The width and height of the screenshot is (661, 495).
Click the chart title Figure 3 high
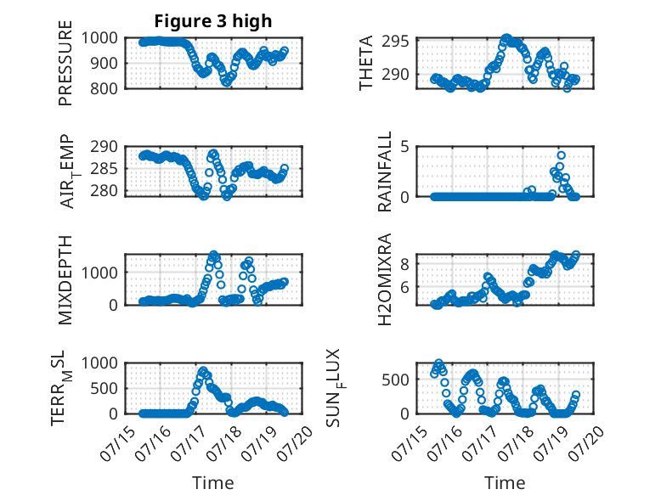[x=213, y=21]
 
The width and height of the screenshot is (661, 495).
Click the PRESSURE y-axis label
[x=65, y=63]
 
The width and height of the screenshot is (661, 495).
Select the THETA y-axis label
[x=366, y=63]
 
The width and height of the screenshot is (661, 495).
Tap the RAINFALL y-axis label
[x=385, y=172]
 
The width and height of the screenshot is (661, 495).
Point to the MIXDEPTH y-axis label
[x=65, y=280]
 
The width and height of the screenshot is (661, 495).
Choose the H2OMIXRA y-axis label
[x=385, y=279]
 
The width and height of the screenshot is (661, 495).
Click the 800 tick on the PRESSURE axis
[x=104, y=88]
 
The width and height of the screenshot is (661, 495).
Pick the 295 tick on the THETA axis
[x=395, y=42]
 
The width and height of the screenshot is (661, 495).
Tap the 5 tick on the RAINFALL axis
[x=404, y=147]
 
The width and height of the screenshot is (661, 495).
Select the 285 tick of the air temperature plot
[x=104, y=168]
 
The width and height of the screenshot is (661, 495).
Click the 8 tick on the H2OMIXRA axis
[x=404, y=264]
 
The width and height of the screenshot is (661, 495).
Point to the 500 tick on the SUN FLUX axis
[x=395, y=380]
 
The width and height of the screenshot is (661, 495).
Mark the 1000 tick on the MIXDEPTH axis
[x=99, y=273]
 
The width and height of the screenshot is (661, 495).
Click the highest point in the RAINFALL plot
[x=561, y=155]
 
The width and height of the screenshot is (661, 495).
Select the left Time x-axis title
[x=213, y=483]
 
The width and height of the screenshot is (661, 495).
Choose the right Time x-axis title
[x=505, y=483]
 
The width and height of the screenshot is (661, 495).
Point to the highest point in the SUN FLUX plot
[x=439, y=363]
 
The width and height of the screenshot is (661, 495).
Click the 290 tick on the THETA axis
[x=395, y=75]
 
